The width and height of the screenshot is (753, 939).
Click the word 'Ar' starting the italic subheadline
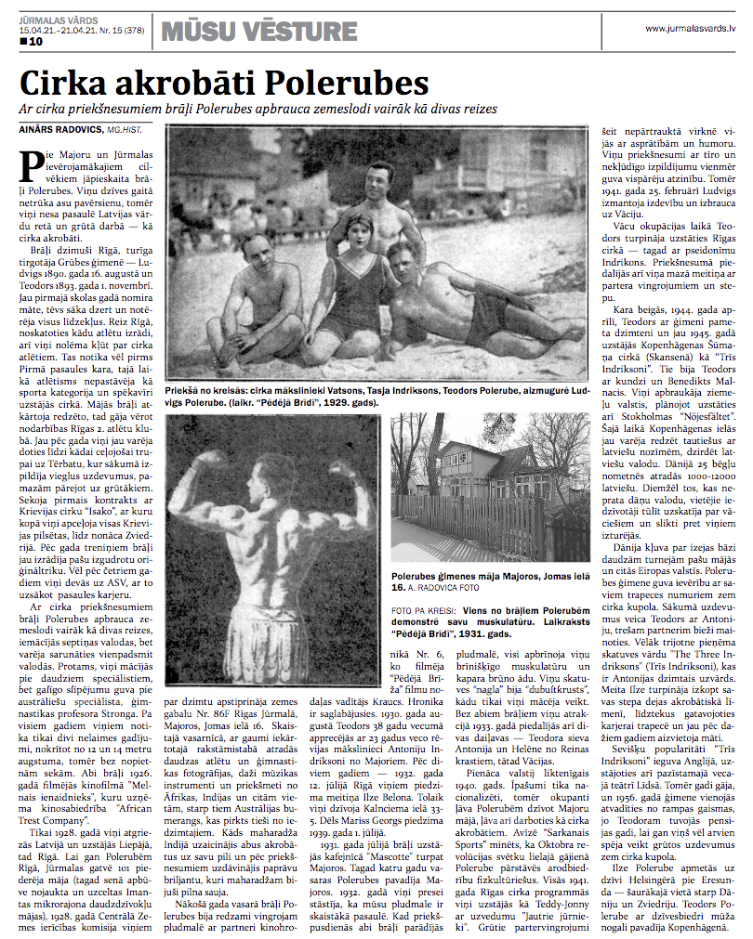(x=26, y=109)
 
